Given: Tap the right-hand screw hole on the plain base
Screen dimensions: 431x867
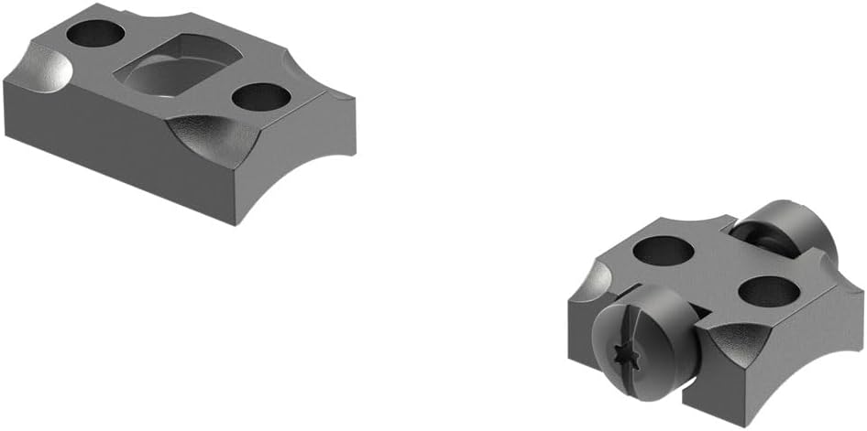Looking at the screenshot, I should coord(261,95).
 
